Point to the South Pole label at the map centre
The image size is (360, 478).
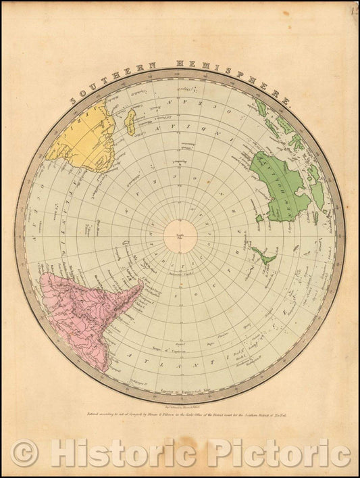(180, 237)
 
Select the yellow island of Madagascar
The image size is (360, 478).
(133, 122)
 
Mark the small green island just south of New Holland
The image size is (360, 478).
(259, 218)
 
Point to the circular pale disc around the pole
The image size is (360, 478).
(180, 236)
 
